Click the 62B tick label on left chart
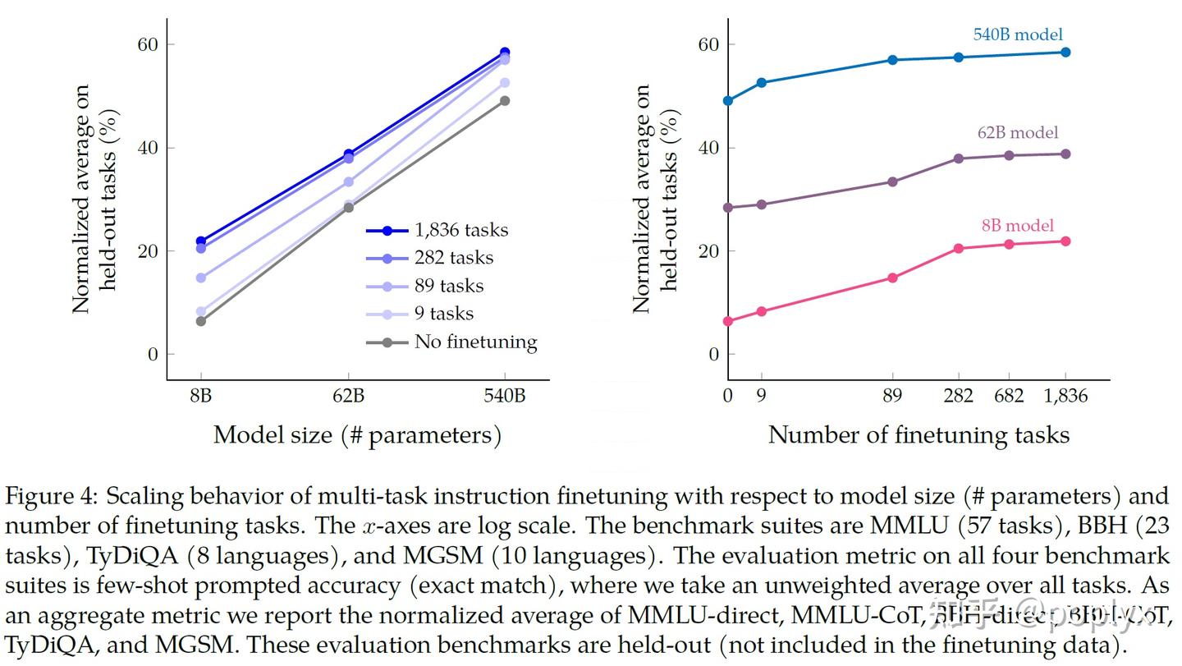pos(348,397)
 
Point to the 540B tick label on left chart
pos(504,397)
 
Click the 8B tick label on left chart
pos(200,397)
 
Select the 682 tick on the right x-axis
pos(1009,397)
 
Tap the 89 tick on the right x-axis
pos(892,397)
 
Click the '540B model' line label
pos(1018,35)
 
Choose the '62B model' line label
pos(1017,133)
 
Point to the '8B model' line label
pos(1017,226)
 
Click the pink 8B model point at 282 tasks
pos(958,248)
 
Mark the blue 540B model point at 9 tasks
pos(761,82)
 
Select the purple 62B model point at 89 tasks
pos(892,181)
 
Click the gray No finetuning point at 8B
pos(201,321)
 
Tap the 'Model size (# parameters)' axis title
pos(357,435)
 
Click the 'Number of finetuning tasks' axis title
pos(919,435)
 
